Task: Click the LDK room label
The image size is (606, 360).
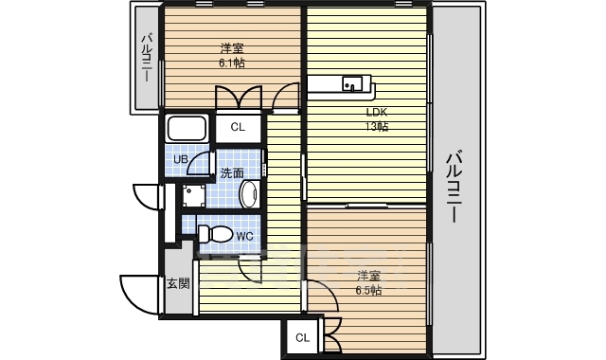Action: pyautogui.click(x=377, y=113)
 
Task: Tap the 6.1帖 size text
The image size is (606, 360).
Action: pyautogui.click(x=232, y=63)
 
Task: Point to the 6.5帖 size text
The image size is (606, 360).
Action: pyautogui.click(x=368, y=291)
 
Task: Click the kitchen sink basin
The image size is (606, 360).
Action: pyautogui.click(x=351, y=83)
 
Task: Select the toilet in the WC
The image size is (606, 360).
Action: pyautogui.click(x=215, y=234)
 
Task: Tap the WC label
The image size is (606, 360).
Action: pyautogui.click(x=244, y=236)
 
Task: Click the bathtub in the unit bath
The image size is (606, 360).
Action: pyautogui.click(x=187, y=129)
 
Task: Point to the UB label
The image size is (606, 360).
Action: pyautogui.click(x=181, y=159)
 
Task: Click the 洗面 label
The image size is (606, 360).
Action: pyautogui.click(x=232, y=173)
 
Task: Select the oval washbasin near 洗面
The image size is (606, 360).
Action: pyautogui.click(x=249, y=194)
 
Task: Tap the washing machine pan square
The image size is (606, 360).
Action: pyautogui.click(x=194, y=196)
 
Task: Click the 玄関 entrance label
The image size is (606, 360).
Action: pyautogui.click(x=178, y=283)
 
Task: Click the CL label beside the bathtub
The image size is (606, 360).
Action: pyautogui.click(x=238, y=127)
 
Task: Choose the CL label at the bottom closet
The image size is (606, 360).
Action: pyautogui.click(x=303, y=338)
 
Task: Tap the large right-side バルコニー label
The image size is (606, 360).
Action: pyautogui.click(x=454, y=188)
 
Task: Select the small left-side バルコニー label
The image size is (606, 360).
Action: pyautogui.click(x=147, y=58)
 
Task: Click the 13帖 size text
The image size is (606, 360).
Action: pyautogui.click(x=377, y=126)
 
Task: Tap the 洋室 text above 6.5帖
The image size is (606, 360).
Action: pyautogui.click(x=368, y=276)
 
